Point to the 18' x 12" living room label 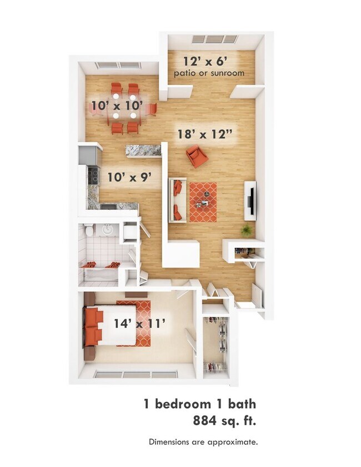(203, 134)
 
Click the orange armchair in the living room (197, 156)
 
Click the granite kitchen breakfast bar (143, 150)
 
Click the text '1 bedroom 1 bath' (200, 403)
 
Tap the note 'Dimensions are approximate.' (203, 442)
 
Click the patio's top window (214, 39)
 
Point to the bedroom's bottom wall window (136, 375)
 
